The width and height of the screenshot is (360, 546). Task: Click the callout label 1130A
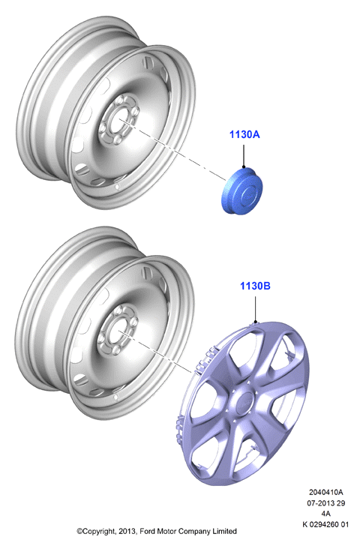point(244,134)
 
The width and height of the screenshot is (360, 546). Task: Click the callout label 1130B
point(255,286)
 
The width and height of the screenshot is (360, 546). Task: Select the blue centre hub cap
point(241,191)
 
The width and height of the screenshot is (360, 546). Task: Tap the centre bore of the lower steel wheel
point(117,331)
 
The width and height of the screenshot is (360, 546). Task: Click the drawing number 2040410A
point(326,492)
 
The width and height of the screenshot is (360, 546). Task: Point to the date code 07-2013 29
point(326,503)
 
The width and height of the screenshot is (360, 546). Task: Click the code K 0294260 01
point(326,524)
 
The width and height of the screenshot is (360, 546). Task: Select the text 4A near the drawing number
point(326,514)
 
